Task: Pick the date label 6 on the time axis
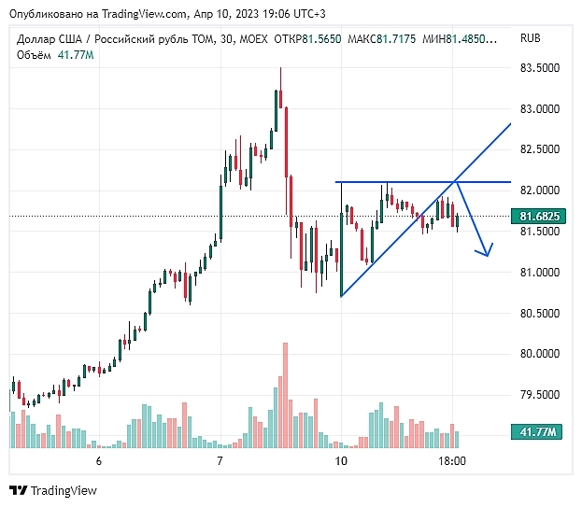98,461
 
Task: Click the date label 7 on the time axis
220,461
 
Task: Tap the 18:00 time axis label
452,461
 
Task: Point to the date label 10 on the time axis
341,461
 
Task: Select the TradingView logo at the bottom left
54,490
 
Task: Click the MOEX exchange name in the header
250,39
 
